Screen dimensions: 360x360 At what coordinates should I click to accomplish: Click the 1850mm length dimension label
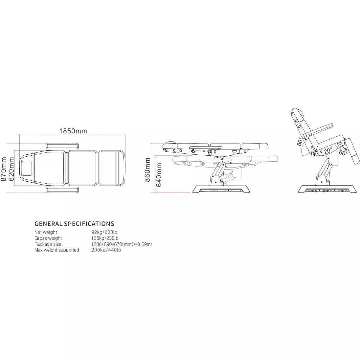(x=73, y=131)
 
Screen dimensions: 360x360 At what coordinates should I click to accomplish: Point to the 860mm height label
(x=147, y=169)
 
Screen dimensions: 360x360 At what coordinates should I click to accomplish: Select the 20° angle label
(x=327, y=151)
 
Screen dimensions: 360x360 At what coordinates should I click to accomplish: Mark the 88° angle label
(x=343, y=152)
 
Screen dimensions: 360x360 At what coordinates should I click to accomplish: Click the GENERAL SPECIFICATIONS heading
(x=75, y=224)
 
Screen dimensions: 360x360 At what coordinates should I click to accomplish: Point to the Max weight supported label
(x=57, y=250)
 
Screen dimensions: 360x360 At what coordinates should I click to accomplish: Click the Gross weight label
(x=48, y=238)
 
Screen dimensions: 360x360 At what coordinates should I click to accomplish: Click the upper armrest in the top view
(x=63, y=146)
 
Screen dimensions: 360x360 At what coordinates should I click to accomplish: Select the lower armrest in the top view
(x=63, y=190)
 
